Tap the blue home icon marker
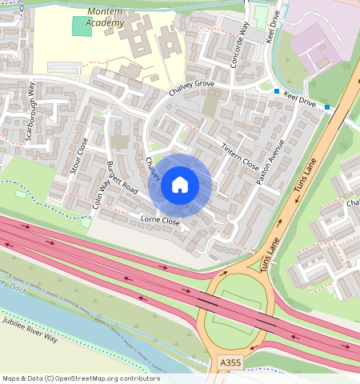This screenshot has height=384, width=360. pos(180,186)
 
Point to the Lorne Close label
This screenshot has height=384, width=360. pos(159,219)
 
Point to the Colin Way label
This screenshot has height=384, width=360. pos(101,194)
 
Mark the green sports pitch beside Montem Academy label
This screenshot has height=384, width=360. pos(82,26)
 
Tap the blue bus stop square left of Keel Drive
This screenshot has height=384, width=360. pos(277,92)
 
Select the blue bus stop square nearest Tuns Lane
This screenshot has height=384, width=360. pos(327,107)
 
